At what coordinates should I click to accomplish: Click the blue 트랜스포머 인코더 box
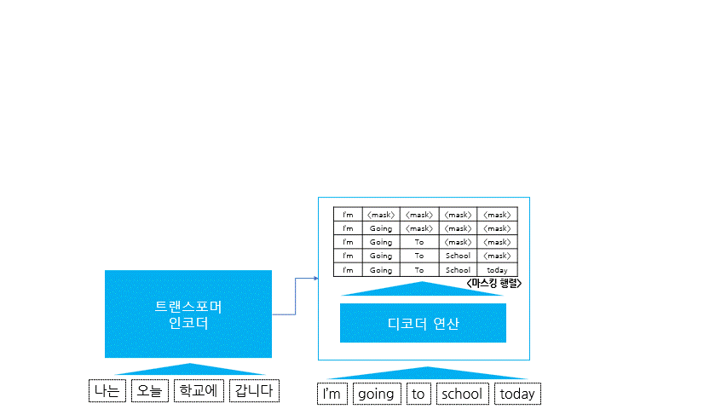coord(188,314)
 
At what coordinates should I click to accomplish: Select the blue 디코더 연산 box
coord(423,323)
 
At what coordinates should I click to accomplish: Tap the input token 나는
coord(107,391)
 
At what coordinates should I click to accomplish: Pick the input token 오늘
coord(149,391)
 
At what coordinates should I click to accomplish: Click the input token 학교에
coord(199,391)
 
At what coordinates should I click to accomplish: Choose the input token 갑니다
coord(254,391)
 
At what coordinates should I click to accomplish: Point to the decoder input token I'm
coord(332,394)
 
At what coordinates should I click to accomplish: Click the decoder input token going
coord(376,394)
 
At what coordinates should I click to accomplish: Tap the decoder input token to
coord(418,394)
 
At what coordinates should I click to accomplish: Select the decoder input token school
coord(461,394)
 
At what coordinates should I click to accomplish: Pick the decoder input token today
coord(517,394)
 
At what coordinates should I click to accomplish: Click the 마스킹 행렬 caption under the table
coord(493,283)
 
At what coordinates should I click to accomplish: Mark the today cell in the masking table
coord(497,270)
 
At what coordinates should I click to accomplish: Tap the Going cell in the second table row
coord(381,228)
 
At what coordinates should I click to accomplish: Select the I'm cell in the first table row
coord(348,215)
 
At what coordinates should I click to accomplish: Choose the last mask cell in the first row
coord(497,215)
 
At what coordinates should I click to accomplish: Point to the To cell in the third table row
coord(419,242)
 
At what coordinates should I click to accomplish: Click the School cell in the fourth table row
coord(458,256)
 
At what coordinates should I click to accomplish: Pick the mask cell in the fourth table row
coord(497,256)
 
